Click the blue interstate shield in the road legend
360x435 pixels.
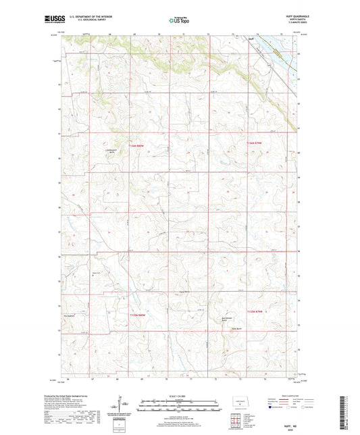coord(272,408)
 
